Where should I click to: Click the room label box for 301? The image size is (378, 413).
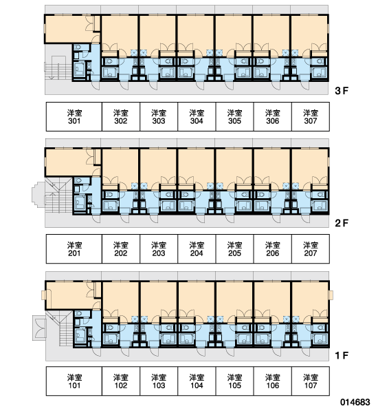point(74,116)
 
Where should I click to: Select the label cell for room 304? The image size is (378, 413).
point(197,116)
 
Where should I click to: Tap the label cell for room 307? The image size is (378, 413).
point(311,116)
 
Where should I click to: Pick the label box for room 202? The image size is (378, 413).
point(121,249)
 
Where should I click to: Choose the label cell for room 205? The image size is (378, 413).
point(234,249)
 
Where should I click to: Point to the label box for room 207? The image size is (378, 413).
point(311,249)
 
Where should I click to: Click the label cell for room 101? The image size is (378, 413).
point(74,381)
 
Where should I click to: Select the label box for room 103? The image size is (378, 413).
point(159,381)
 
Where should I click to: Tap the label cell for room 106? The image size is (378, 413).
point(273,381)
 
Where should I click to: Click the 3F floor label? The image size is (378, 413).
point(342,91)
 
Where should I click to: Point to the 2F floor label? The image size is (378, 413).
point(342,223)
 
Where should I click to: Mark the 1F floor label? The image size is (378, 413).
point(342,356)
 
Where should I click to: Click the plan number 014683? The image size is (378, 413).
point(355,402)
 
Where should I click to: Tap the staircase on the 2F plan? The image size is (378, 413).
point(58,195)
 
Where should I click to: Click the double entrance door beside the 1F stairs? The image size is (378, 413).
point(39,328)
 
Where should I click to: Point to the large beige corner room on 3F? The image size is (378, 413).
point(69,29)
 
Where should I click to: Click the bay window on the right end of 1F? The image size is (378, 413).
point(331,295)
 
